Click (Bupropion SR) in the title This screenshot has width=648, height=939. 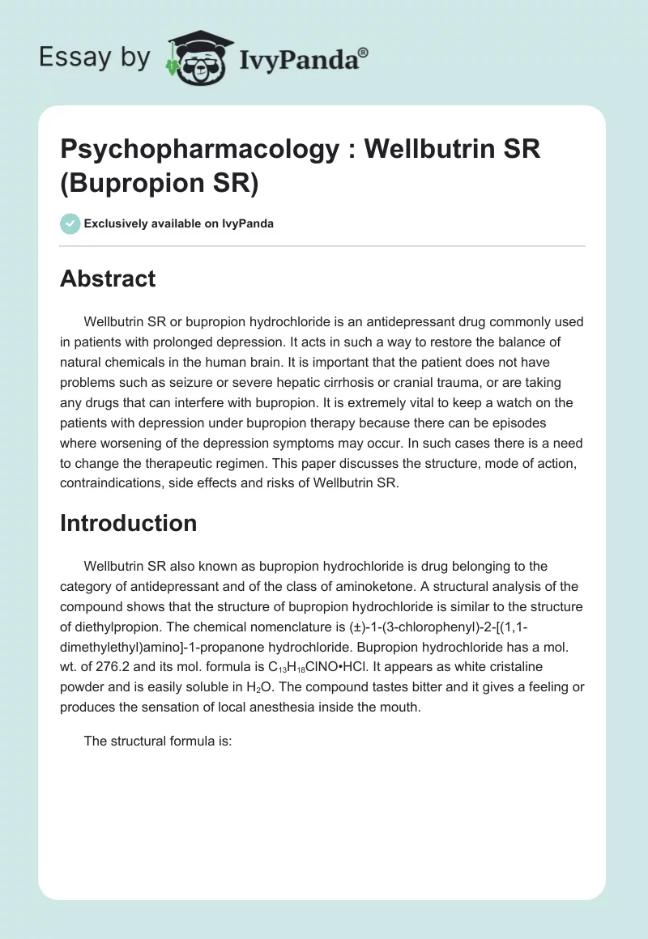pyautogui.click(x=159, y=184)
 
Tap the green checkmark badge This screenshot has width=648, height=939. pyautogui.click(x=70, y=223)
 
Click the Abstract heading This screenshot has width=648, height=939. pyautogui.click(x=108, y=278)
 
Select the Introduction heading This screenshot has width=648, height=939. pyautogui.click(x=128, y=523)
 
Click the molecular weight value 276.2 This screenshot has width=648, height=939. pyautogui.click(x=111, y=668)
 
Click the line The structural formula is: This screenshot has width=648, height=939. pyautogui.click(x=158, y=741)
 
